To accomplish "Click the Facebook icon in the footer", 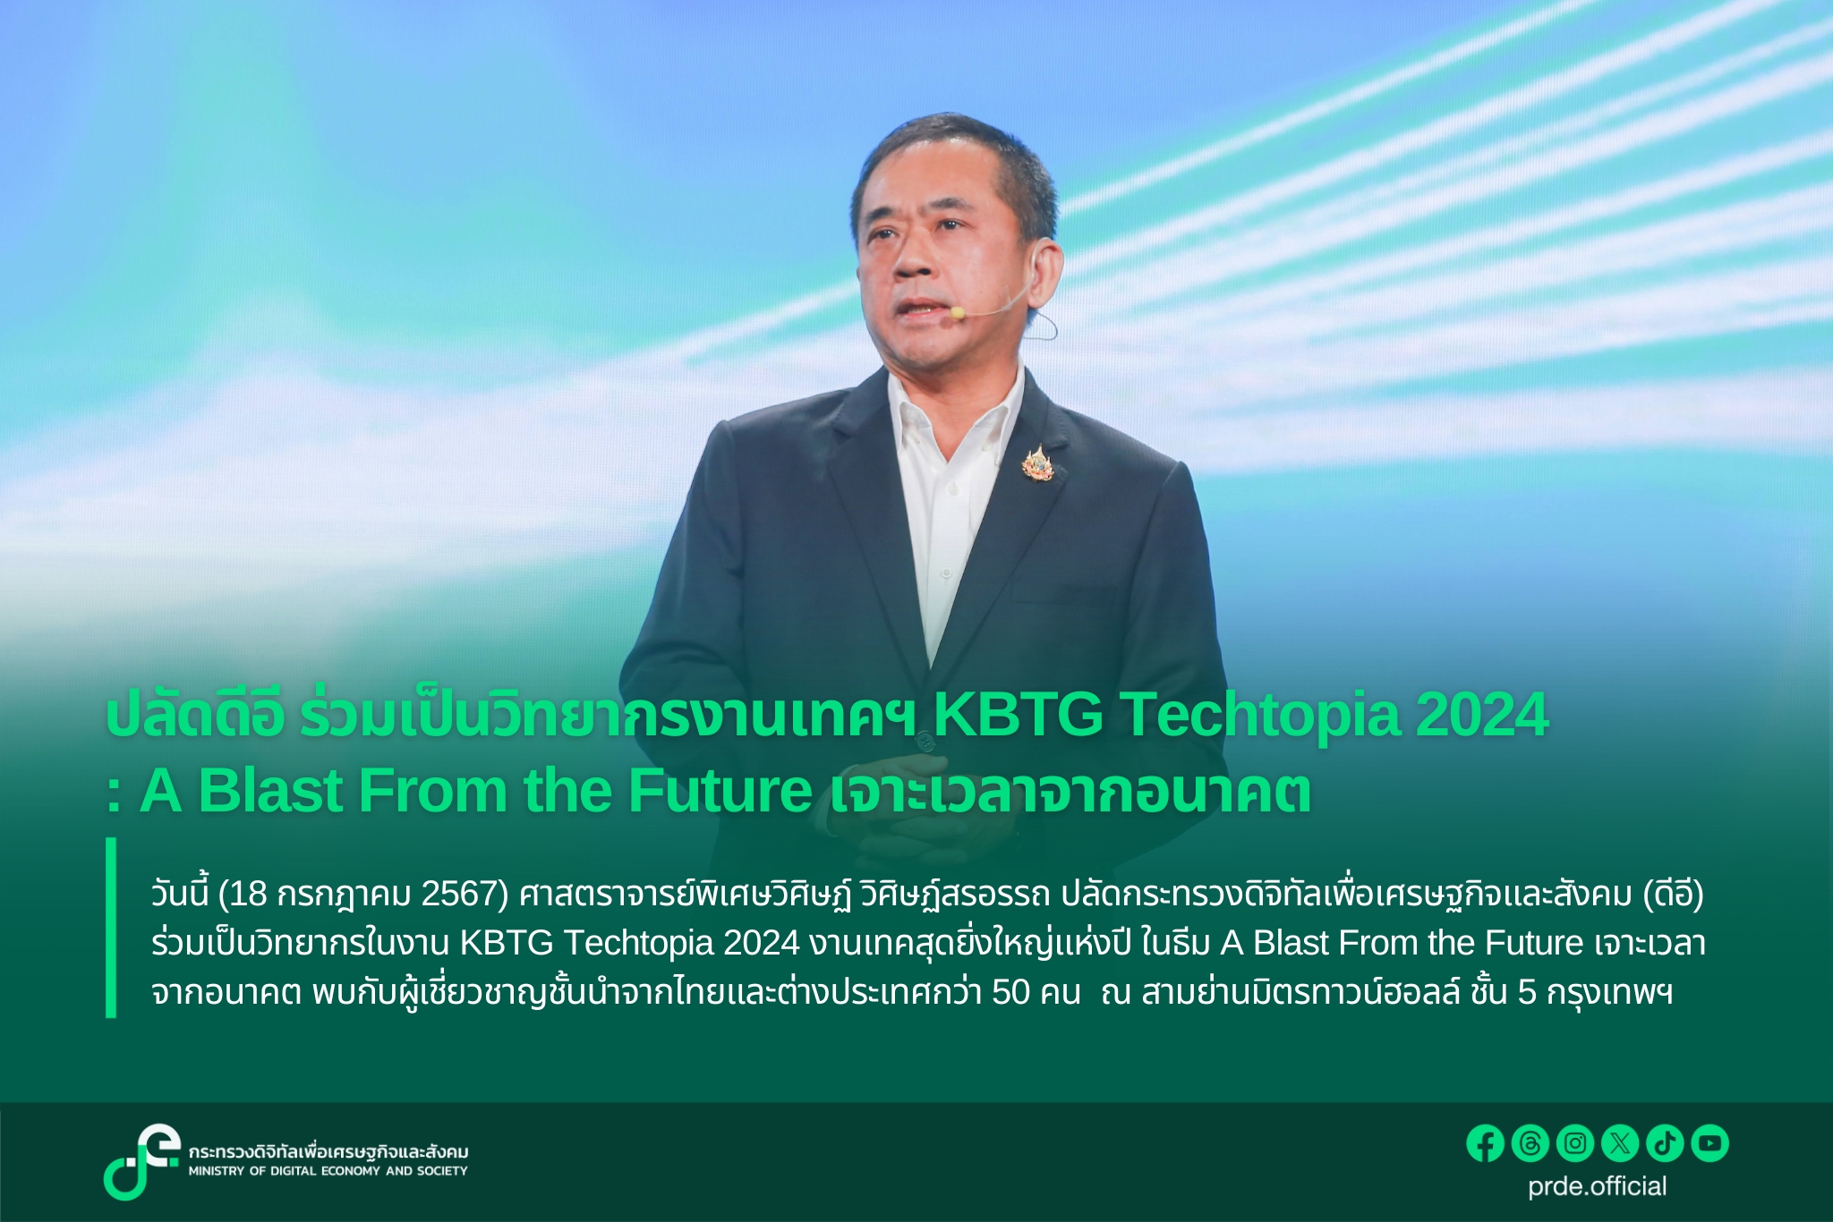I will pyautogui.click(x=1485, y=1143).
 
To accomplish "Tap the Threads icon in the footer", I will pyautogui.click(x=1530, y=1143).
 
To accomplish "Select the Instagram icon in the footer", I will pyautogui.click(x=1575, y=1143).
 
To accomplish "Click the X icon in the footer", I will pyautogui.click(x=1620, y=1143).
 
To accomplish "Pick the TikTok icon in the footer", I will pyautogui.click(x=1665, y=1143).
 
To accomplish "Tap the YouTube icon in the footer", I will pyautogui.click(x=1709, y=1143).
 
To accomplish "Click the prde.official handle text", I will pyautogui.click(x=1597, y=1186).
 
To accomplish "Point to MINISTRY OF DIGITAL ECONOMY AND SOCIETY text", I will pyautogui.click(x=328, y=1171).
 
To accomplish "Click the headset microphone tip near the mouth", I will pyautogui.click(x=957, y=312).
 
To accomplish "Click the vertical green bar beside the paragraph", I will pyautogui.click(x=111, y=928).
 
